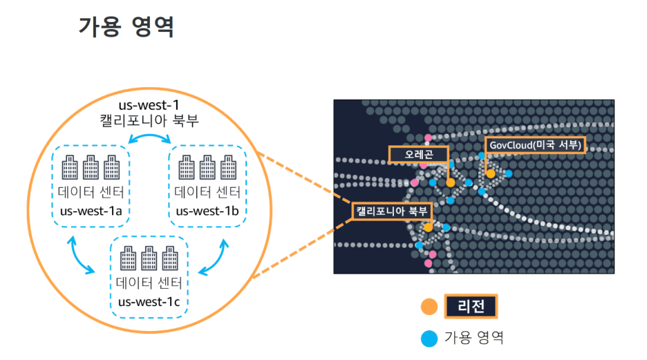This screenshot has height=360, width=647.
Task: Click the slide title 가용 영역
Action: [x=126, y=26]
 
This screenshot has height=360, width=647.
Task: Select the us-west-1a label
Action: [x=91, y=210]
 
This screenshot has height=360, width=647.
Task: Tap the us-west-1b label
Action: [x=207, y=210]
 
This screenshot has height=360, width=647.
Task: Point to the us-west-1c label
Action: [x=149, y=301]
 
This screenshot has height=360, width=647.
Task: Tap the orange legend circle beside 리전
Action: [x=429, y=306]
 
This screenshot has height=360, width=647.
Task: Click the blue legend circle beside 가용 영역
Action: [x=429, y=339]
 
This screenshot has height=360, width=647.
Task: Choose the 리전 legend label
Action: [x=470, y=306]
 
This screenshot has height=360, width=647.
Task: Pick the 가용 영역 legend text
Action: [x=473, y=339]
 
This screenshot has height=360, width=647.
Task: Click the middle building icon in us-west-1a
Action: [x=91, y=168]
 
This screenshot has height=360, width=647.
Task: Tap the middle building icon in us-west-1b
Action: [x=207, y=168]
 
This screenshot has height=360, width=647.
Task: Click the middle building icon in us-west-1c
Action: [x=149, y=259]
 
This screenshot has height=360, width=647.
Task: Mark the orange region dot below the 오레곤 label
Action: [x=451, y=182]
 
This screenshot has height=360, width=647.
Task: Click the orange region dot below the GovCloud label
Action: [x=491, y=173]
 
